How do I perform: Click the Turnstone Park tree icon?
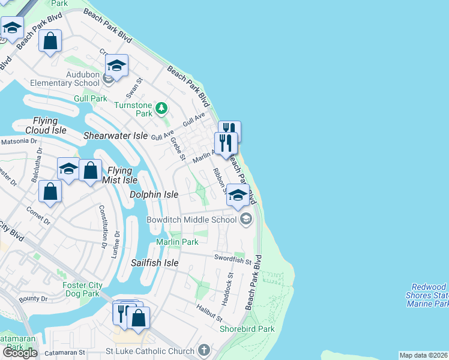tap(161, 109)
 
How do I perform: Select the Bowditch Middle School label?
tap(192, 220)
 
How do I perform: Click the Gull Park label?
tap(91, 98)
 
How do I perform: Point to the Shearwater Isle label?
tap(115, 136)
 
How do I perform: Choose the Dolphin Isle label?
tap(154, 194)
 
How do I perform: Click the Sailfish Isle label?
tap(155, 263)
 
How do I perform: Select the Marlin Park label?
tap(177, 242)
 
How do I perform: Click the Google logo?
tap(19, 353)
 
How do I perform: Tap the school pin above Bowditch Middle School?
tap(238, 196)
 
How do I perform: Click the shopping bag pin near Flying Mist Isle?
tap(90, 171)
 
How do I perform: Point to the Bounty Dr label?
tap(32, 298)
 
